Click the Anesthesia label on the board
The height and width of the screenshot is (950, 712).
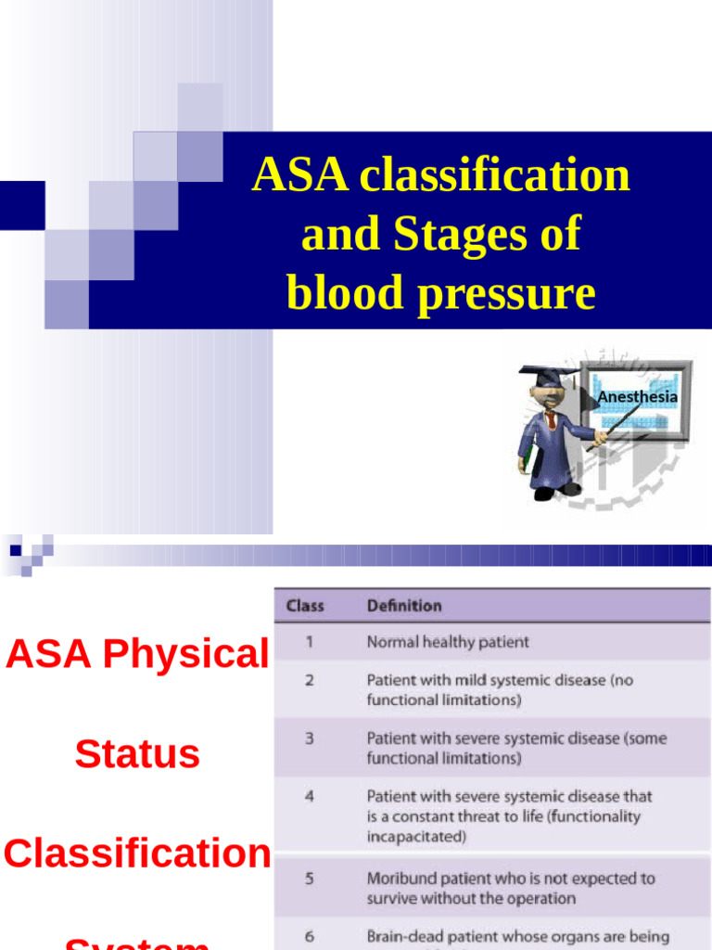(x=637, y=397)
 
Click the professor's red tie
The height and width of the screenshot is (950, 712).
(x=551, y=419)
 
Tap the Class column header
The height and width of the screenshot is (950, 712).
(x=305, y=606)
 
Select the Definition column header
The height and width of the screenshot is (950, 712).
(x=404, y=606)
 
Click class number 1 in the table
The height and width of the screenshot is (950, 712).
(x=309, y=641)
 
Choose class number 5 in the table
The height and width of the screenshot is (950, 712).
(x=309, y=879)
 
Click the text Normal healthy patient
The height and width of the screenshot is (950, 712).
(x=448, y=641)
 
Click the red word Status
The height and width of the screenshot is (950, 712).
(x=137, y=753)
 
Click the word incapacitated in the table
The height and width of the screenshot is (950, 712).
(x=416, y=837)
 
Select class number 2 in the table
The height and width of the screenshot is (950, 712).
(x=309, y=680)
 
